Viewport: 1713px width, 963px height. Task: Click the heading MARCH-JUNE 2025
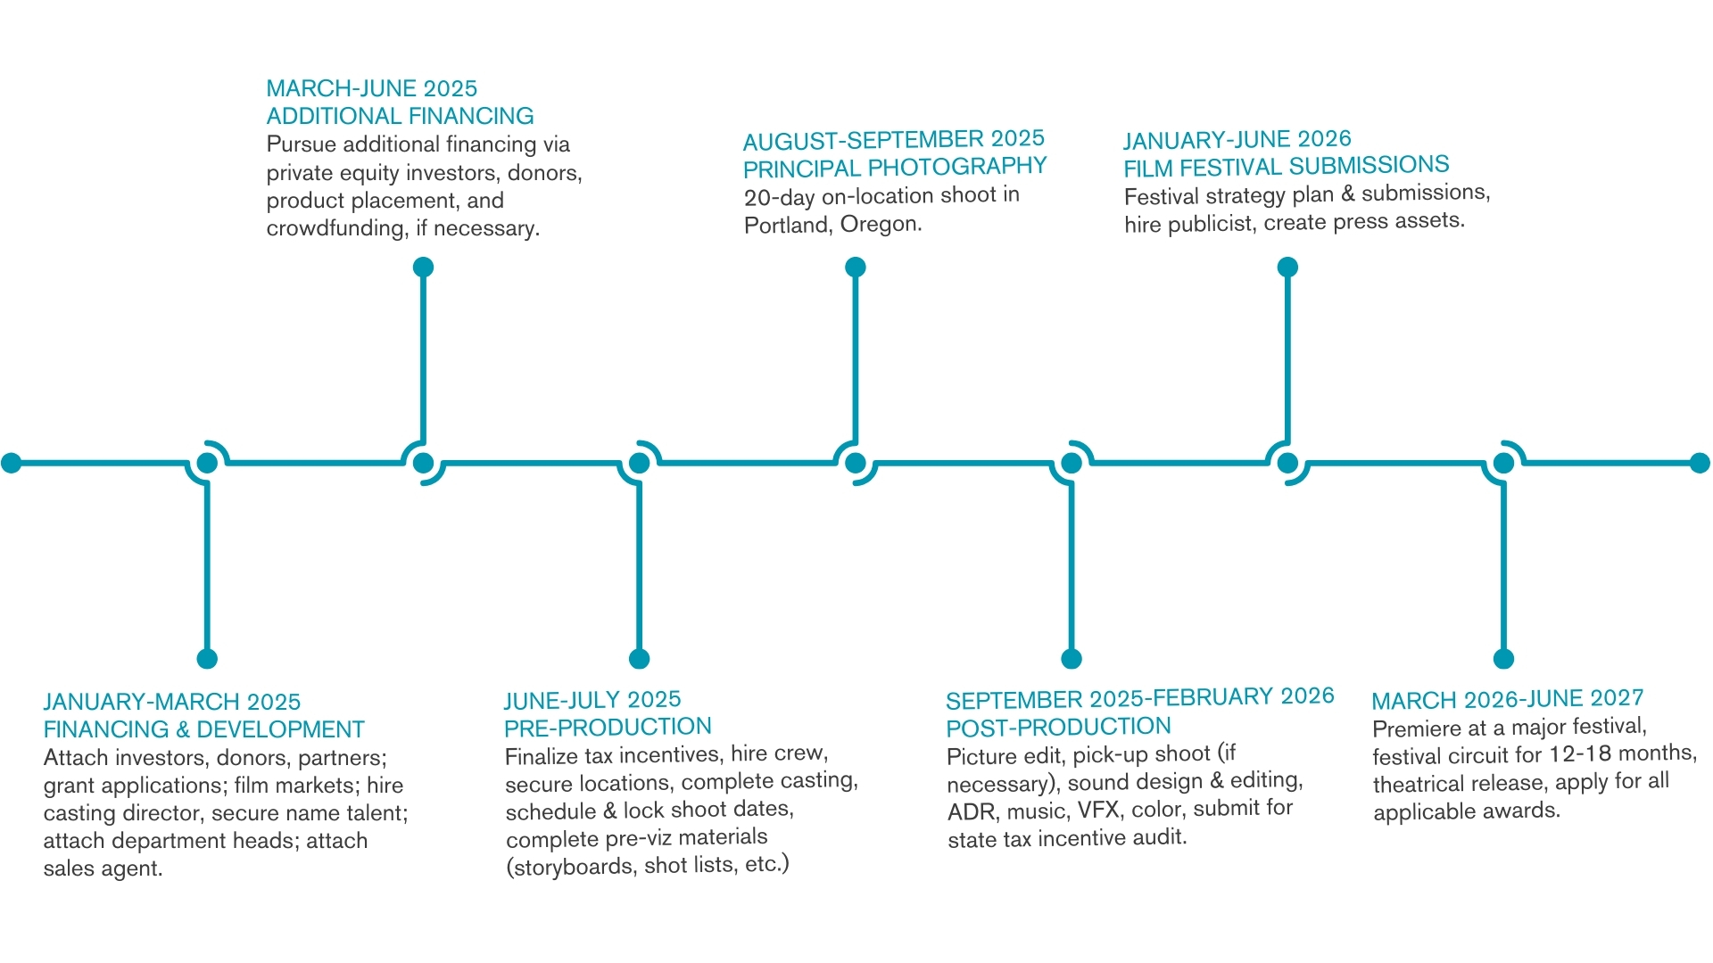372,88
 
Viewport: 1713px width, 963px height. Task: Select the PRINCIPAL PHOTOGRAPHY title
895,168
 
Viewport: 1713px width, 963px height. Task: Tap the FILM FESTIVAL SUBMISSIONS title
1287,167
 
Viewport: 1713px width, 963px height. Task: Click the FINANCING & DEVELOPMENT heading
204,729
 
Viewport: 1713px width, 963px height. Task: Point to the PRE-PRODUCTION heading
608,728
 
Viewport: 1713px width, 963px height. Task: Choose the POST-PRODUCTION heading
1058,728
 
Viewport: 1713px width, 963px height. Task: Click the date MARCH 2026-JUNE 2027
1508,699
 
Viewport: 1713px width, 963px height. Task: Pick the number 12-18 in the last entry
1579,754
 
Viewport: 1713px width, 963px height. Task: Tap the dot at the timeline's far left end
12,463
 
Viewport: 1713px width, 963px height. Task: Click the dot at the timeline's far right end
1700,463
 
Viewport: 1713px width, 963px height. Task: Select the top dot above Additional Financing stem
424,267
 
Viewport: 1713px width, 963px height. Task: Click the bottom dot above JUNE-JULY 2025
639,659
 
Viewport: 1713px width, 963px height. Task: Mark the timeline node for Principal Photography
856,463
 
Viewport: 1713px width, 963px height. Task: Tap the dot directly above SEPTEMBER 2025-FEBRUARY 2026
1072,659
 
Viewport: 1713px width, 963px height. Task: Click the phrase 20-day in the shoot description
779,197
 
